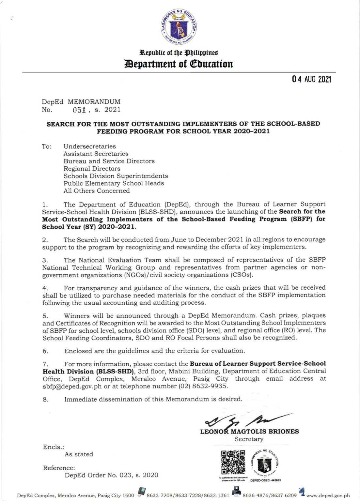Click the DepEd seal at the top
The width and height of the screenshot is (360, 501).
coord(179,27)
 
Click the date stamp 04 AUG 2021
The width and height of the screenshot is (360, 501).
coord(311,79)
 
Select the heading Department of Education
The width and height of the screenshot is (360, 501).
coord(179,64)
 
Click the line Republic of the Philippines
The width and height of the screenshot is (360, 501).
coord(179,53)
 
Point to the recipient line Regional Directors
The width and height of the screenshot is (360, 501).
coord(92,169)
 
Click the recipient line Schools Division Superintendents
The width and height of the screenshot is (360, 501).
coord(116,176)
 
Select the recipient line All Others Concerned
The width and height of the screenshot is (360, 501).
coord(97,191)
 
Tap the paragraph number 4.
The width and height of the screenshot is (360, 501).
coord(45,288)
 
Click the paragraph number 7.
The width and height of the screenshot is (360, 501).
coord(45,364)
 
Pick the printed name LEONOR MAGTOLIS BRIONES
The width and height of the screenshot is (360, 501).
coord(249,432)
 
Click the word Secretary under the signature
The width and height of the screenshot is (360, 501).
coord(249,439)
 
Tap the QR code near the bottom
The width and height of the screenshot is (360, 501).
coord(233,463)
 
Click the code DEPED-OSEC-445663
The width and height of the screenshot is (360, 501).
coord(265,480)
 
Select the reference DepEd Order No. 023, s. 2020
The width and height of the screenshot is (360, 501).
coord(111,475)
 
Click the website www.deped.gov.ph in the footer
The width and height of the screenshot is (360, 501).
coord(328,495)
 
